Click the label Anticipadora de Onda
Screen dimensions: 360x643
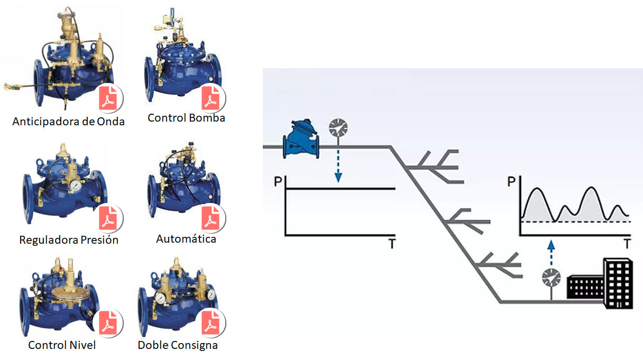pyautogui.click(x=69, y=122)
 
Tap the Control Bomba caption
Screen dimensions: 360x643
pyautogui.click(x=186, y=118)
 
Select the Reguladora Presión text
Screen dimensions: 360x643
pyautogui.click(x=69, y=240)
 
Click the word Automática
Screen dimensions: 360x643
pyautogui.click(x=186, y=239)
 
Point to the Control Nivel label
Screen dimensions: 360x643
pyautogui.click(x=62, y=345)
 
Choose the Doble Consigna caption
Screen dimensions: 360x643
pyautogui.click(x=178, y=345)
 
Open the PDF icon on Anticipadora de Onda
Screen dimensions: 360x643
pyautogui.click(x=111, y=98)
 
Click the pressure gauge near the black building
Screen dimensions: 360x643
pyautogui.click(x=552, y=278)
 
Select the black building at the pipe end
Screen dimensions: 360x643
pyautogui.click(x=600, y=282)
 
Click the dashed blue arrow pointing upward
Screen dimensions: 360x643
pyautogui.click(x=551, y=252)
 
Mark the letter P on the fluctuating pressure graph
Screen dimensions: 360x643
pyautogui.click(x=511, y=182)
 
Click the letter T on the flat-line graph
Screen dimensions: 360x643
pyautogui.click(x=392, y=244)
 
